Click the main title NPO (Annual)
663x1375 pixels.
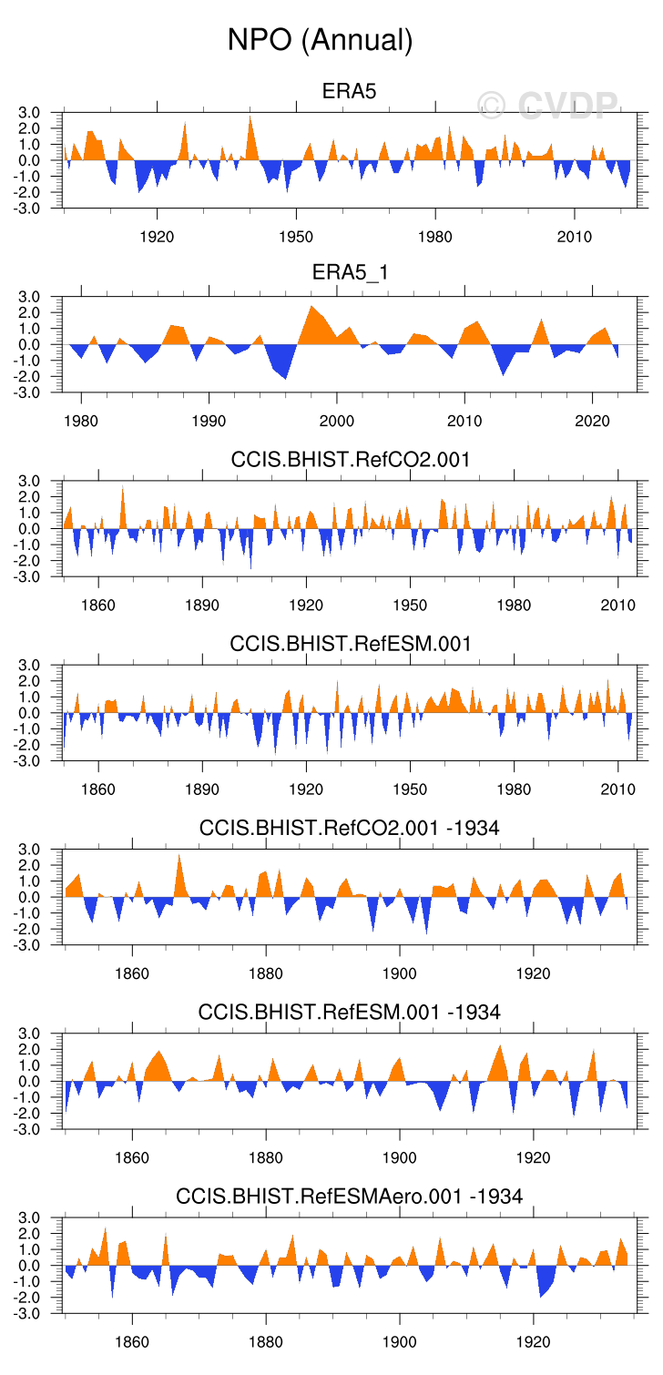tap(321, 40)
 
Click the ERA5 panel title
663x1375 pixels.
tap(350, 91)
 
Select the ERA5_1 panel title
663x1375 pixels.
tap(350, 275)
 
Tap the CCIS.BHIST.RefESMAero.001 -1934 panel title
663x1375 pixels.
tap(350, 1196)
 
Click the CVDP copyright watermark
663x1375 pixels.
tap(548, 107)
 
